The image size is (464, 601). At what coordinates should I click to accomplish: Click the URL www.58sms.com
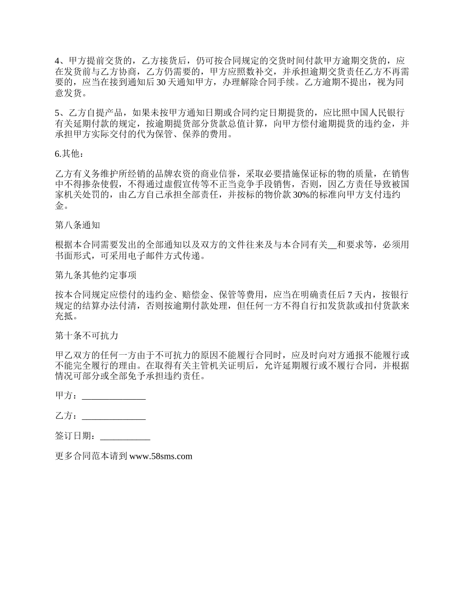[x=161, y=456]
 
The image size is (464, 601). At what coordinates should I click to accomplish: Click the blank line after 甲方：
[x=114, y=396]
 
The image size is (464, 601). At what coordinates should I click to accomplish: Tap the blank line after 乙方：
[x=114, y=416]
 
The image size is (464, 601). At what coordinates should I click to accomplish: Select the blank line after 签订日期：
[x=125, y=436]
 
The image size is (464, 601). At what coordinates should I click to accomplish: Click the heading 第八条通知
[x=78, y=225]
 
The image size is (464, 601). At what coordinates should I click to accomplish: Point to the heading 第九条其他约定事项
[x=96, y=276]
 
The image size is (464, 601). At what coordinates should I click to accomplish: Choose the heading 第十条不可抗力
[x=86, y=336]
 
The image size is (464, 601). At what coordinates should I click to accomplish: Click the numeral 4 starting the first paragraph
[x=57, y=61]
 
